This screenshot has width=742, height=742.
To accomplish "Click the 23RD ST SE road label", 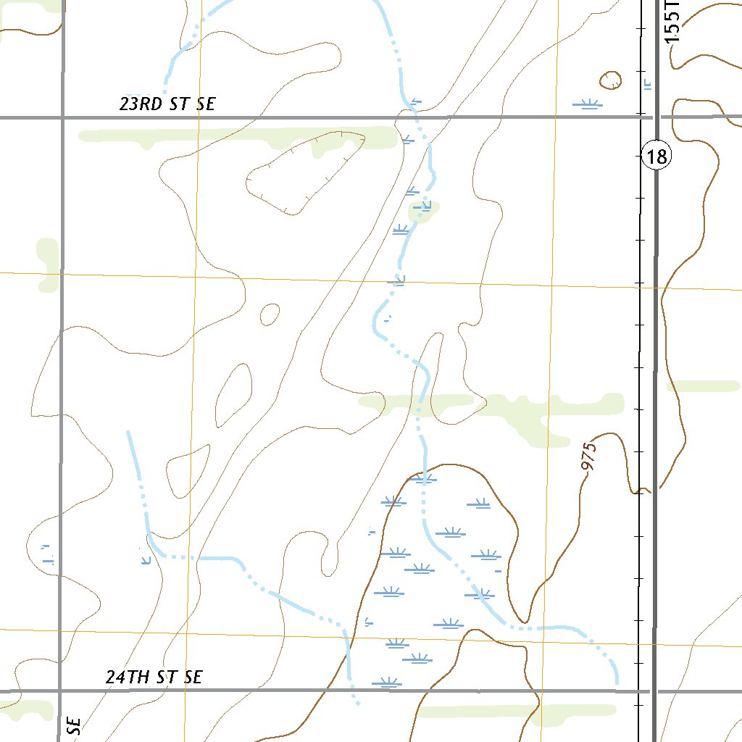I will tap(167, 104).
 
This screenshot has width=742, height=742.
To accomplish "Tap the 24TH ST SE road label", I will tap(154, 678).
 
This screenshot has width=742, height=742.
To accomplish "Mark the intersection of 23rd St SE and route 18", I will tap(656, 117).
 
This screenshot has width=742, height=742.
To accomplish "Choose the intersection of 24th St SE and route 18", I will tap(655, 691).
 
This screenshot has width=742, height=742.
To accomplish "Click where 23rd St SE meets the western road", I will tap(62, 117).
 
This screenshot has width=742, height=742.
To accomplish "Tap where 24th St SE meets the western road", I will tap(59, 691).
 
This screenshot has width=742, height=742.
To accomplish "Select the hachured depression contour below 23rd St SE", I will tap(304, 174).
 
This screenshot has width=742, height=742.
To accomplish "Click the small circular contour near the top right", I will tap(610, 80).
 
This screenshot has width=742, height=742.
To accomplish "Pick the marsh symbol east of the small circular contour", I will tap(587, 104).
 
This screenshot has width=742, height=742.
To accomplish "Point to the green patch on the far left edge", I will tap(48, 264).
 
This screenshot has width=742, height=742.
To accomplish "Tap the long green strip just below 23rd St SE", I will tap(239, 136).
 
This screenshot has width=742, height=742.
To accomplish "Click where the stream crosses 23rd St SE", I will tap(418, 117).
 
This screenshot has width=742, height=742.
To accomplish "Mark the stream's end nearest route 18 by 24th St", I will tap(616, 681).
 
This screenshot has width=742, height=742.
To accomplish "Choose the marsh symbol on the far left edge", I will tap(48, 555).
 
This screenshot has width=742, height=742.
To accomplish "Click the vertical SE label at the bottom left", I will tap(74, 726).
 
